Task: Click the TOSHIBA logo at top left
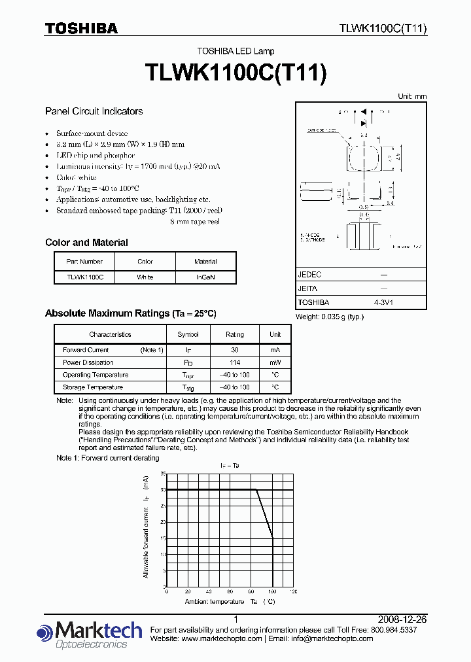click(81, 28)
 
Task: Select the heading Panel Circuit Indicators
click(94, 111)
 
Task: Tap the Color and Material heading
click(86, 243)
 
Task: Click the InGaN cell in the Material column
click(205, 277)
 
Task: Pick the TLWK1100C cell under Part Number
click(84, 277)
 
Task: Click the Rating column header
click(235, 334)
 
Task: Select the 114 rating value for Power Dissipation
click(235, 362)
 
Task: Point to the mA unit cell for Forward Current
click(275, 350)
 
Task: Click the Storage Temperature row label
click(92, 387)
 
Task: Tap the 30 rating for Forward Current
click(235, 350)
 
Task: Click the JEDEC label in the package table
click(310, 275)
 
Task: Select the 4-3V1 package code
click(383, 303)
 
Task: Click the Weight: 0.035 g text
click(329, 317)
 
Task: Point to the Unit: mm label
click(412, 96)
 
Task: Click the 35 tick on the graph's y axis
click(163, 473)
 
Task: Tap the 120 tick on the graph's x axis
click(292, 591)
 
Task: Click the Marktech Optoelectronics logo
click(90, 635)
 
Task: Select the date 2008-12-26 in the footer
click(402, 619)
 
